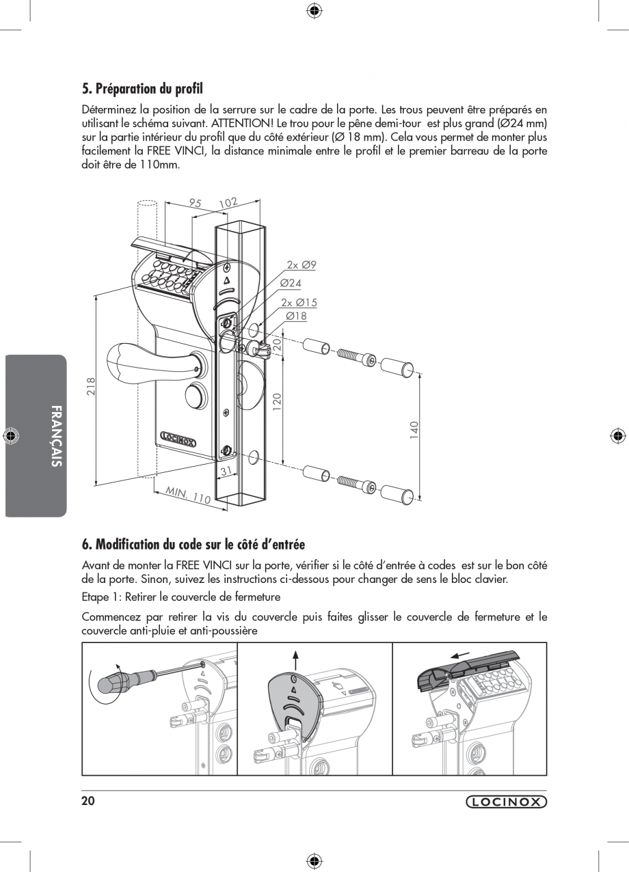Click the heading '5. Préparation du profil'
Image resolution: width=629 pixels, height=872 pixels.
point(142,89)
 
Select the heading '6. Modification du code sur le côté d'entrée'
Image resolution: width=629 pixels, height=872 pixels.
point(193,544)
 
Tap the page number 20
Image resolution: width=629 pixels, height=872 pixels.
point(88,802)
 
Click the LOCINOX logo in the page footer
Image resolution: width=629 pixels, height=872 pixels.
point(506,802)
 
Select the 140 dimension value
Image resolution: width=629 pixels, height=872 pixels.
point(414,430)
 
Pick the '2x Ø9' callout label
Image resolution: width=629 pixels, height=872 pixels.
point(302,265)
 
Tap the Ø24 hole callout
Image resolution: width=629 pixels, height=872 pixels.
point(291,283)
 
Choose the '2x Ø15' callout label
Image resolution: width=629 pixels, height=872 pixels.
point(299,302)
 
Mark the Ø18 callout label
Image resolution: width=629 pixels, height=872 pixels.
point(296,316)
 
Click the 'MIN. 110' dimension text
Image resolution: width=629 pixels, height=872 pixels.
point(187,495)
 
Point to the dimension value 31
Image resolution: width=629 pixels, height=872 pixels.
point(224,471)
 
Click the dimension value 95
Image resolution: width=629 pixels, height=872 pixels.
point(196,203)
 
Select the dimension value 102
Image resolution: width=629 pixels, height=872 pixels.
point(228,202)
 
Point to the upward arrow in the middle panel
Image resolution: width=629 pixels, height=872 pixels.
point(295,660)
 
